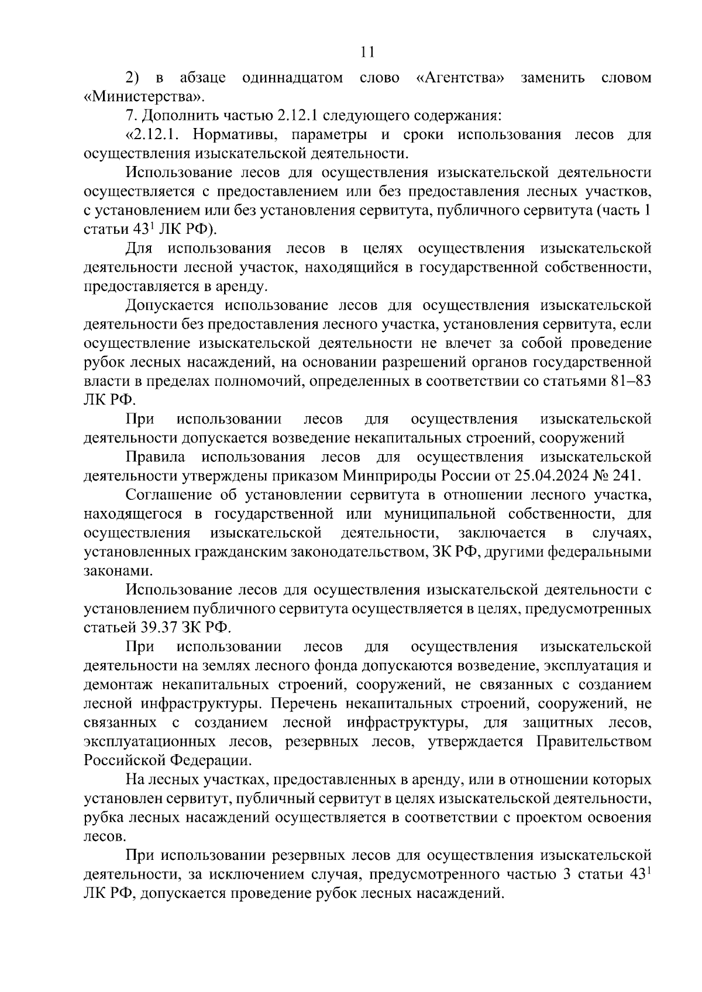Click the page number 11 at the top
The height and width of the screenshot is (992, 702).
click(367, 52)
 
